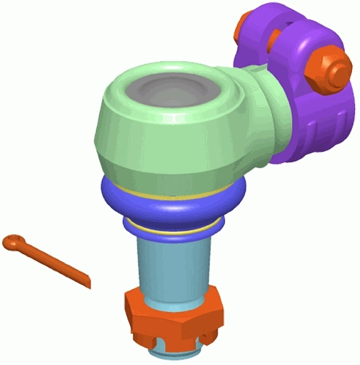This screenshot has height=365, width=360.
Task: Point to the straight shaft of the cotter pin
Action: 56,263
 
